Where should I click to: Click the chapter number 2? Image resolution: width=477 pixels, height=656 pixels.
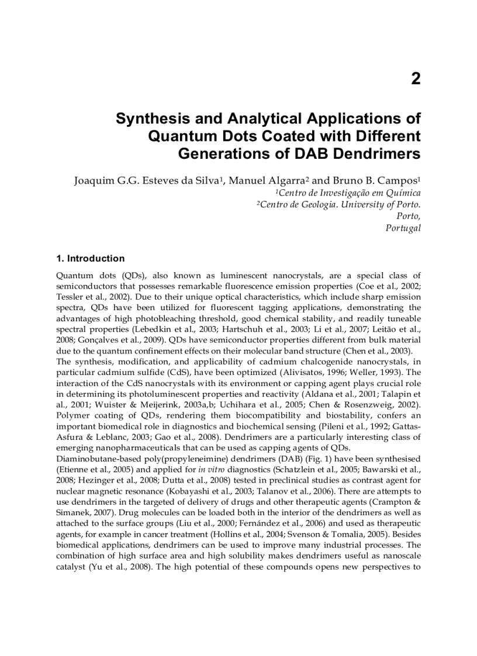tap(415, 79)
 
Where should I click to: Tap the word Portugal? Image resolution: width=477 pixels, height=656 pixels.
tap(403, 228)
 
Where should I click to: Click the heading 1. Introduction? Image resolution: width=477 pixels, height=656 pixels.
tap(90, 258)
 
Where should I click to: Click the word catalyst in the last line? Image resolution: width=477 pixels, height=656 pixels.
tap(72, 566)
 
